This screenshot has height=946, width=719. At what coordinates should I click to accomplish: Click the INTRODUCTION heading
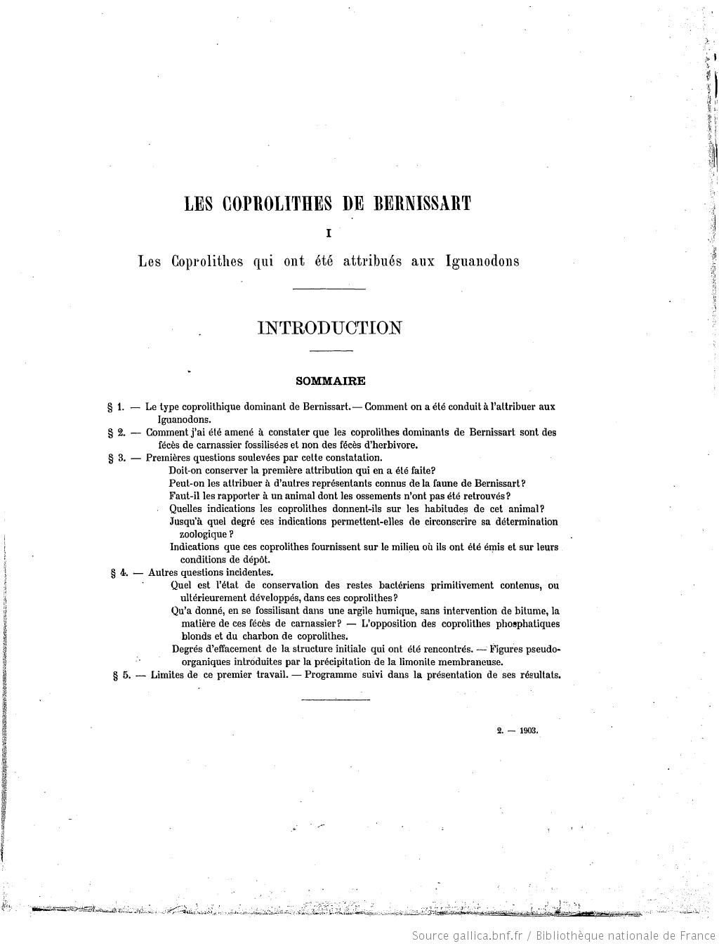[x=330, y=328]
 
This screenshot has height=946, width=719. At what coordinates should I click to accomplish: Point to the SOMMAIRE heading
[x=330, y=381]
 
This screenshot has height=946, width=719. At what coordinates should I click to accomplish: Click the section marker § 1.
[x=116, y=407]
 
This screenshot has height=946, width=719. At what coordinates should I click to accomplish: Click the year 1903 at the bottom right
[x=529, y=730]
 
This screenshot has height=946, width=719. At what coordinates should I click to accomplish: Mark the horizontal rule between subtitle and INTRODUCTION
[x=329, y=289]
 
